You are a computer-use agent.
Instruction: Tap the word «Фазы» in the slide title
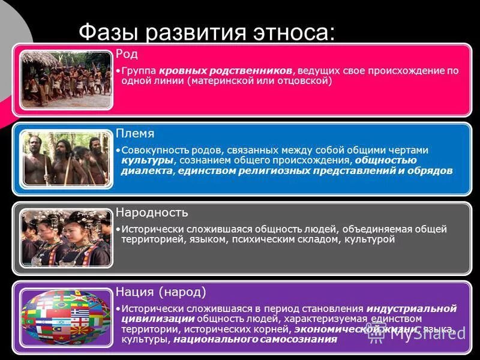coord(109,32)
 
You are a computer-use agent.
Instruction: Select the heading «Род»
coord(127,54)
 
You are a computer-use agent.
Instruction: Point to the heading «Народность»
coord(152,212)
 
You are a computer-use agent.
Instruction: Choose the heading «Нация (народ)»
coord(161,292)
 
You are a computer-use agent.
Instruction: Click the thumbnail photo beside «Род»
coord(66,79)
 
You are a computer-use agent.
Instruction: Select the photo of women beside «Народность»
coord(66,238)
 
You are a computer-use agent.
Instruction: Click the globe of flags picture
coord(66,318)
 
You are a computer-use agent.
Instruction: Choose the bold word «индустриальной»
coord(416,308)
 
